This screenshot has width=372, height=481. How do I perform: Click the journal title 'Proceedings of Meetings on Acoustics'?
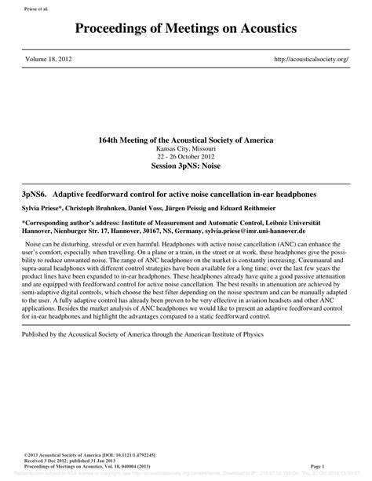186,29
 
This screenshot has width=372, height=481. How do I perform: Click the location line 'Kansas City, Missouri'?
186,148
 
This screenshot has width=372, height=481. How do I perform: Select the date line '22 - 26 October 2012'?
186,156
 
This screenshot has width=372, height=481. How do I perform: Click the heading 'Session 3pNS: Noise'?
186,166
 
